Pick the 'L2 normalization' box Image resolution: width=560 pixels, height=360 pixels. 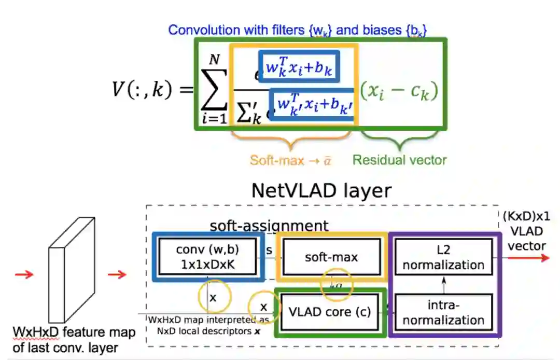click(443, 258)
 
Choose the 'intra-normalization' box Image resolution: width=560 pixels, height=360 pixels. click(443, 313)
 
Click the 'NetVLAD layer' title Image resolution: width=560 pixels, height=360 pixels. click(321, 190)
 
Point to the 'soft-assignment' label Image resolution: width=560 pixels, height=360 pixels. click(269, 226)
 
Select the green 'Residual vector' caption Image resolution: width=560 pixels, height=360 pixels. click(399, 160)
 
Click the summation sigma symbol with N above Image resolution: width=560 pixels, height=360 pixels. click(214, 87)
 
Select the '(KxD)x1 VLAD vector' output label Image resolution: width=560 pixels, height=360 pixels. click(526, 231)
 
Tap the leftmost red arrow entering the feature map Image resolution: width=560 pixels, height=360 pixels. click(24, 274)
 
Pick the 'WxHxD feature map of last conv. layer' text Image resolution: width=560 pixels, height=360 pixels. click(73, 340)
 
